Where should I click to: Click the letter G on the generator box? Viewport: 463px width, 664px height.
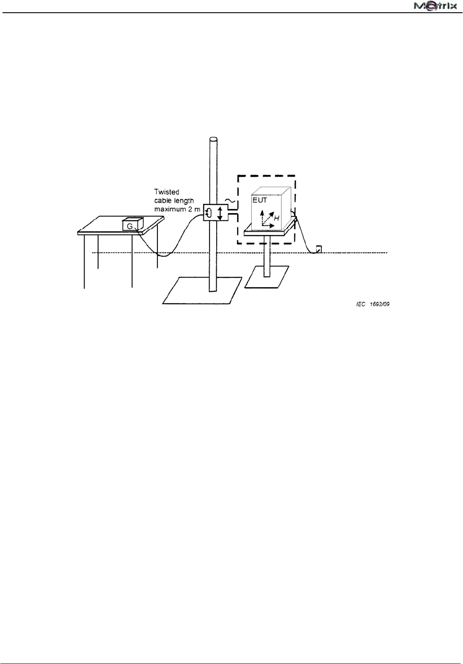tap(130, 226)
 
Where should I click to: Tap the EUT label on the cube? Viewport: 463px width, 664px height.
tap(260, 200)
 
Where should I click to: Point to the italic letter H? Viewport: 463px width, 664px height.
tap(277, 217)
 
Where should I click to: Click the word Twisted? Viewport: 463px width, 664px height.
tap(167, 192)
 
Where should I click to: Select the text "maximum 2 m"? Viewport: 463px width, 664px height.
tap(177, 209)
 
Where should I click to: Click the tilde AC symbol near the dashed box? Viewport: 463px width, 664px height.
tap(230, 201)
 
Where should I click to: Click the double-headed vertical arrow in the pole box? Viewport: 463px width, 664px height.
tap(220, 213)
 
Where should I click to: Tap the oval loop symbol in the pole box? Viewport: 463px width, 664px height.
tap(209, 213)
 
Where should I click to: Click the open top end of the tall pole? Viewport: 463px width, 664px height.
tap(213, 139)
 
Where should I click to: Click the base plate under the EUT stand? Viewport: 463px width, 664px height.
tap(266, 277)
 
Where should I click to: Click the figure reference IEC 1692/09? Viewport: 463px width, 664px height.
tap(373, 304)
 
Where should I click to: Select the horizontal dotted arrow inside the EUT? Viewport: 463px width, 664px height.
tap(269, 226)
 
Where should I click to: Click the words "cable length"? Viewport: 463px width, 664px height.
tap(174, 200)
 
